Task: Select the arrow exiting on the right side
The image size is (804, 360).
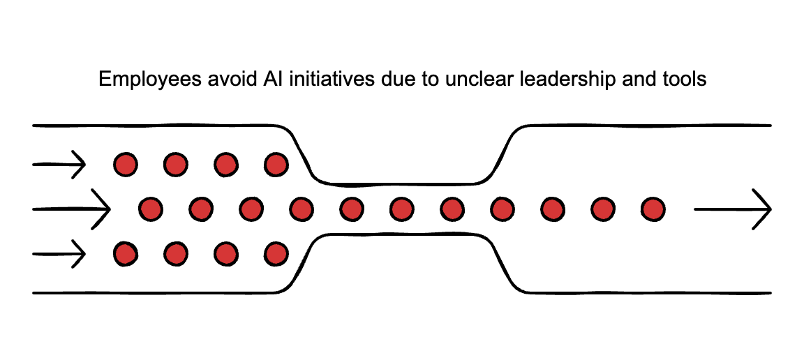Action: coord(732,209)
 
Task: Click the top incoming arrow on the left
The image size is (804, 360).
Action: coord(59,165)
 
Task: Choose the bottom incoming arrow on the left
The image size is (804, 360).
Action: coord(59,253)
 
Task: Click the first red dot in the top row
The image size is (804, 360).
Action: coord(126,165)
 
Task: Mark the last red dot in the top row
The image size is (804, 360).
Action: coord(276,165)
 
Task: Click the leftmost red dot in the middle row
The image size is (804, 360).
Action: coord(151,209)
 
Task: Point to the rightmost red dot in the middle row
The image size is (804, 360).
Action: coord(653,209)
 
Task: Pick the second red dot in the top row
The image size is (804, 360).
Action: coord(176,165)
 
